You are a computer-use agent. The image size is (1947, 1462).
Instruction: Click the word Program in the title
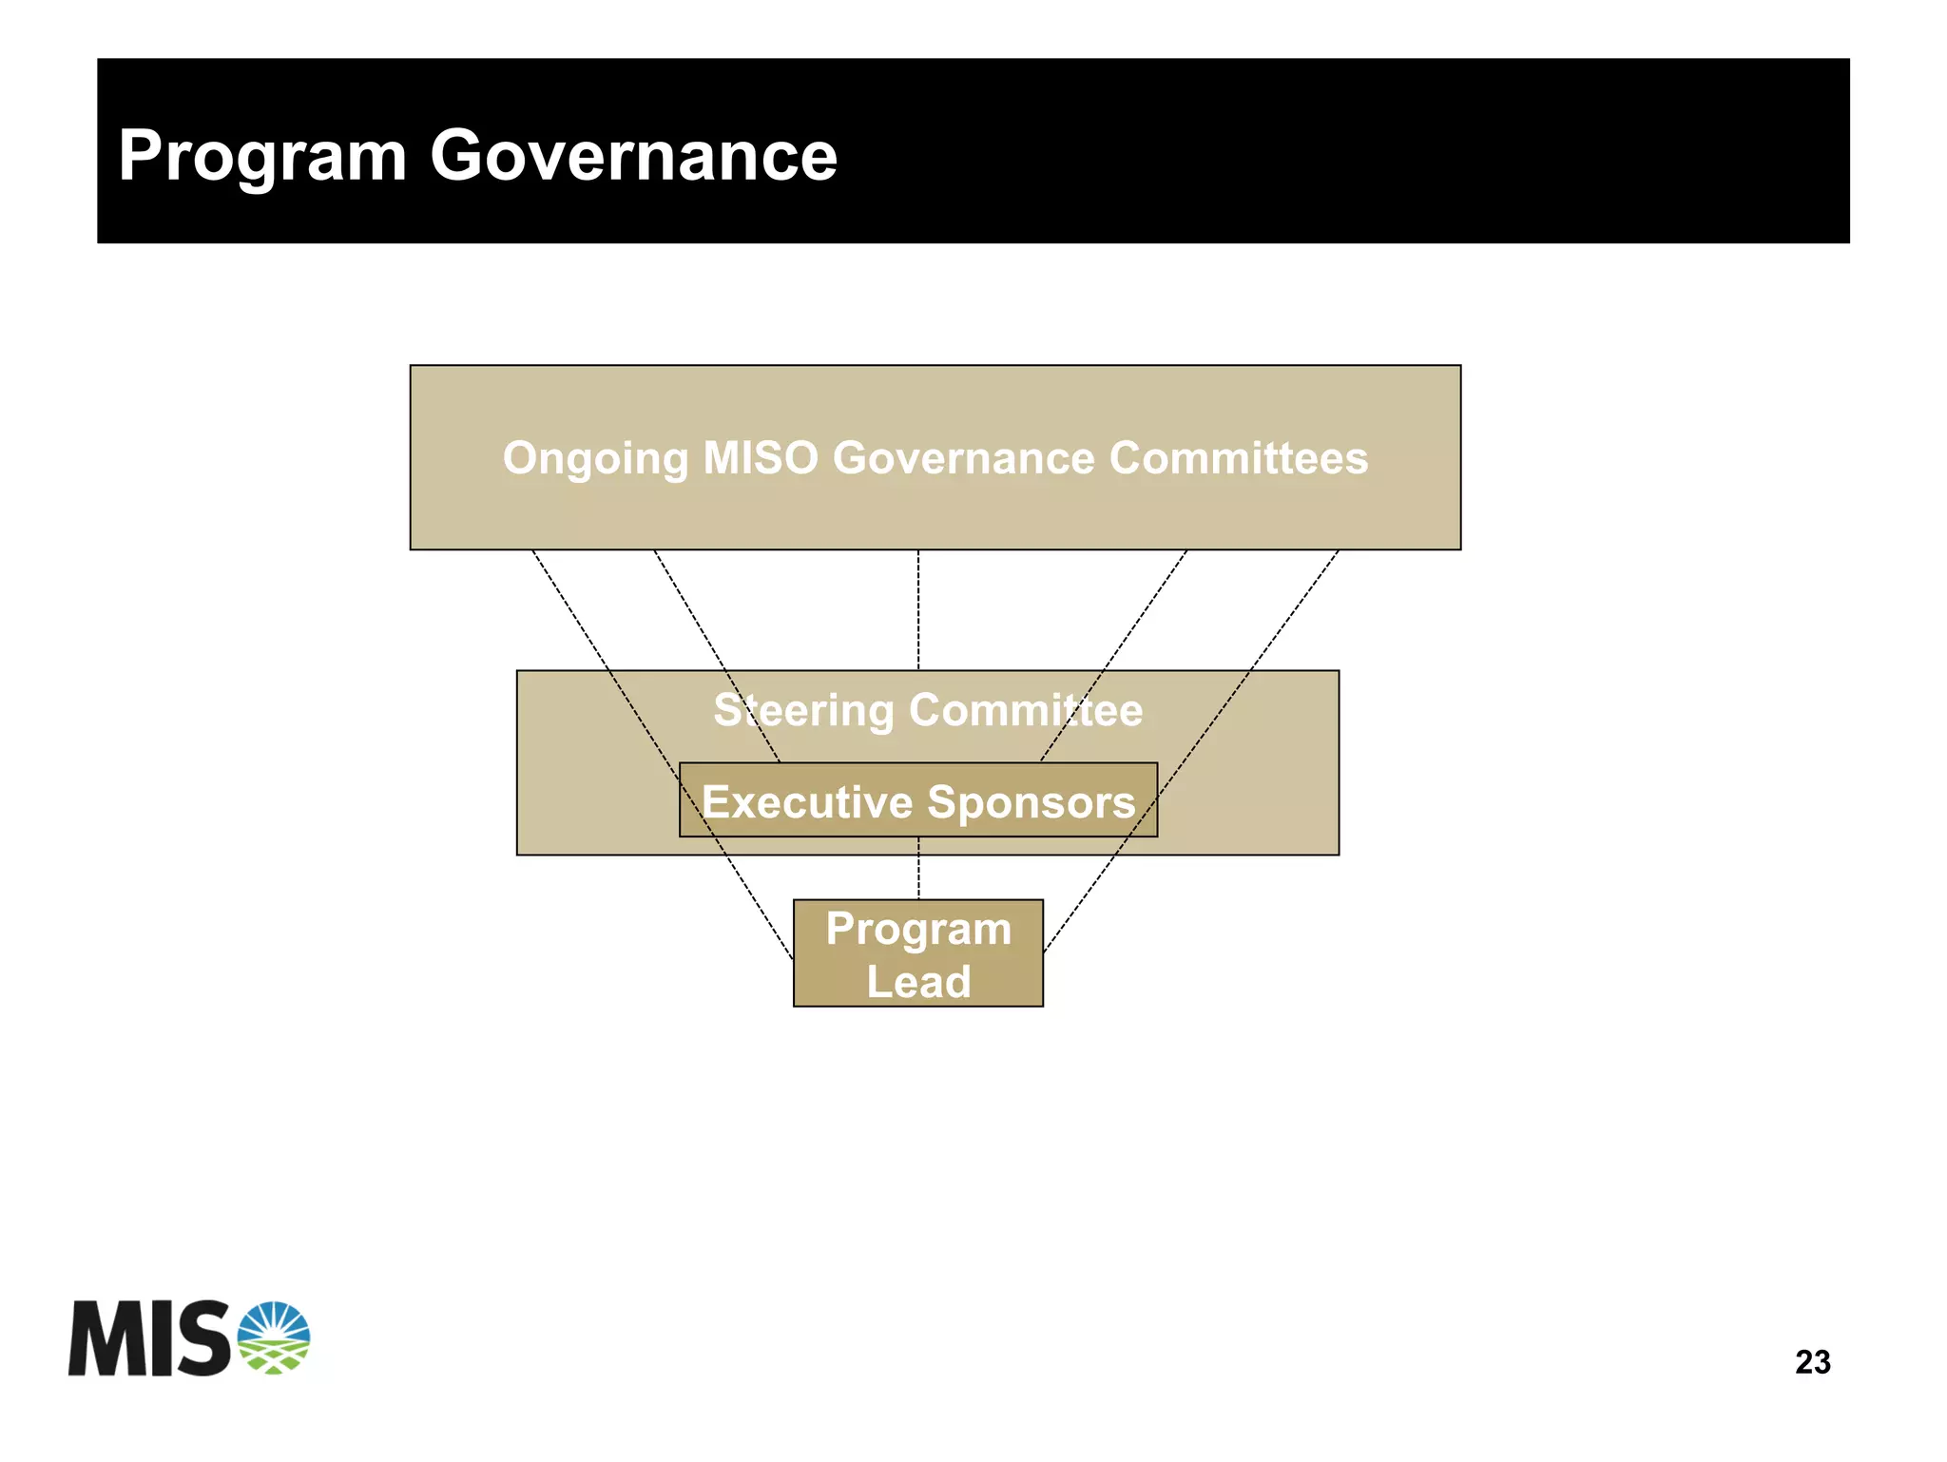tap(262, 157)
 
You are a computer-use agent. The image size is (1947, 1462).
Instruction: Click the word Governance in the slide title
tap(633, 155)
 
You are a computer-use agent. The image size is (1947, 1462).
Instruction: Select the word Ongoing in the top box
tap(595, 459)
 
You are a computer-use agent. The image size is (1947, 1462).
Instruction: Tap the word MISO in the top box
tap(760, 458)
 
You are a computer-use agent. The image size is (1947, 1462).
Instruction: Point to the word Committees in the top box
tap(1238, 458)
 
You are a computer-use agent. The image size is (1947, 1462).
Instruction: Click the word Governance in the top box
tap(963, 458)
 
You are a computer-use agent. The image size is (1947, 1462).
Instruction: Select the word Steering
tap(803, 711)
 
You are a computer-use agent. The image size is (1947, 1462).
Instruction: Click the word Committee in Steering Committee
tap(1026, 710)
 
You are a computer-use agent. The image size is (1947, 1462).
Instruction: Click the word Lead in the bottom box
tap(918, 982)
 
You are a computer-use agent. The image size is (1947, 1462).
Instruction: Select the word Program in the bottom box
tap(918, 929)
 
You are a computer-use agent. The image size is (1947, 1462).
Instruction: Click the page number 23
tap(1812, 1362)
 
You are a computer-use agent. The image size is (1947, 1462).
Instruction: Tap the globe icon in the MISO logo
tap(274, 1337)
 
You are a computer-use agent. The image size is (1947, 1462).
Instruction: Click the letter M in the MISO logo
tap(105, 1338)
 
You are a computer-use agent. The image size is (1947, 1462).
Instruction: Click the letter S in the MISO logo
tap(203, 1338)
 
